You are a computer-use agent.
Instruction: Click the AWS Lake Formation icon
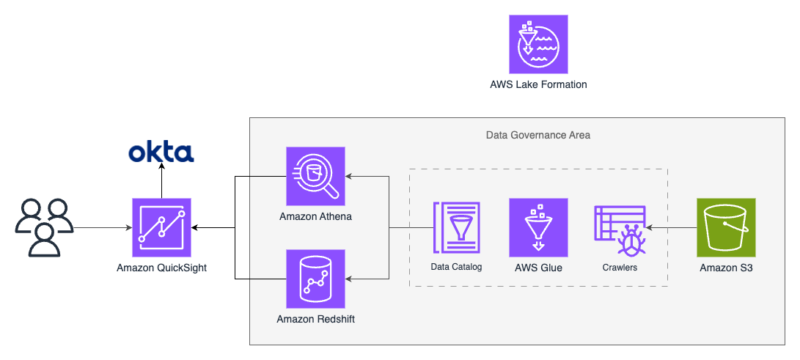pyautogui.click(x=538, y=45)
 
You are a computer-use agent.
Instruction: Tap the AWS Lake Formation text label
pyautogui.click(x=538, y=84)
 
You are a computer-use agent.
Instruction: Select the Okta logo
pyautogui.click(x=161, y=153)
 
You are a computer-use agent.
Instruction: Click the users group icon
pyautogui.click(x=45, y=227)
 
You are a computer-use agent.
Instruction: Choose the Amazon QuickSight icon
pyautogui.click(x=161, y=227)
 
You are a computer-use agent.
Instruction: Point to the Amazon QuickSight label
pyautogui.click(x=162, y=268)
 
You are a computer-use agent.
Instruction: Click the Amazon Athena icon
pyautogui.click(x=315, y=177)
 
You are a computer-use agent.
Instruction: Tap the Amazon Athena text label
pyautogui.click(x=315, y=217)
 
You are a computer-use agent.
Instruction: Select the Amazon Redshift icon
pyautogui.click(x=315, y=279)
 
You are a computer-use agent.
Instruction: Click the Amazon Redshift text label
pyautogui.click(x=315, y=319)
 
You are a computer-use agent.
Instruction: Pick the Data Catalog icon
pyautogui.click(x=456, y=227)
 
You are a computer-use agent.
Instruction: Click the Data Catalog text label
pyautogui.click(x=456, y=267)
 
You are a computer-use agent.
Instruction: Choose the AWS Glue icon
pyautogui.click(x=538, y=227)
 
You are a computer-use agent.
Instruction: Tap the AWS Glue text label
pyautogui.click(x=538, y=267)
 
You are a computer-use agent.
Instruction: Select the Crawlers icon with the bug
pyautogui.click(x=620, y=229)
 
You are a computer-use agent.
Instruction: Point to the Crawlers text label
pyautogui.click(x=620, y=267)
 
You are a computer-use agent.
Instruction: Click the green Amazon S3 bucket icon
pyautogui.click(x=726, y=227)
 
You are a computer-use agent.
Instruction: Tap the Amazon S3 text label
pyautogui.click(x=726, y=268)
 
